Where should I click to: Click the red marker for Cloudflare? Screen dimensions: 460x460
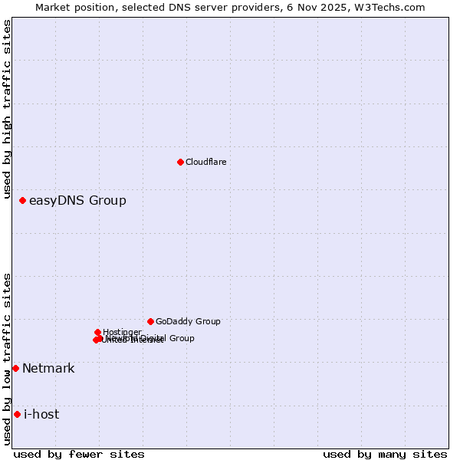(180, 162)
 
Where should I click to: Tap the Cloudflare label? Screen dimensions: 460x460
(205, 162)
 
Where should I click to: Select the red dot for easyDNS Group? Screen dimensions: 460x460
(22, 200)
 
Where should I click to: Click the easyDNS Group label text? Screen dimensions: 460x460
(77, 201)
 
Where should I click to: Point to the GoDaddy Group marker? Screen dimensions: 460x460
(150, 321)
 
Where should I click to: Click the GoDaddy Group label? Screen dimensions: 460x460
(188, 321)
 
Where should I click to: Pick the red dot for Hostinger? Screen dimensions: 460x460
(97, 332)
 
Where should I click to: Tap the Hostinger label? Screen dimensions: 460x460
(122, 332)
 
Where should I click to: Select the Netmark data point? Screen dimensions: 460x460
(15, 368)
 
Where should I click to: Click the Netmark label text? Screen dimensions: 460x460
(48, 369)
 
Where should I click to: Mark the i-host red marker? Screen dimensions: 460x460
(17, 414)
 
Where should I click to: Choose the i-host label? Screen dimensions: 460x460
(41, 415)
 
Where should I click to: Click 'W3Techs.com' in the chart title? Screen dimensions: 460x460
(393, 7)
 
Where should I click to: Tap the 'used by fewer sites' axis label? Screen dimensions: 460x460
(79, 454)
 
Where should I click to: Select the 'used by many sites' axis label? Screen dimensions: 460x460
(385, 454)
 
